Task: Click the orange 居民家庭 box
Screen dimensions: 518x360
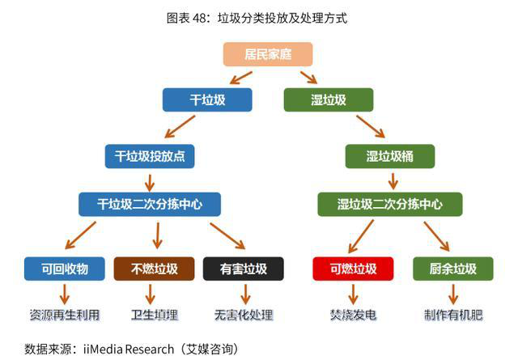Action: click(x=268, y=54)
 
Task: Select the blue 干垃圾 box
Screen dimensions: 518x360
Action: click(x=207, y=100)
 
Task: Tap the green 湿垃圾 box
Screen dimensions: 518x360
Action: click(x=329, y=100)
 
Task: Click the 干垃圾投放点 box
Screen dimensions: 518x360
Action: click(x=150, y=156)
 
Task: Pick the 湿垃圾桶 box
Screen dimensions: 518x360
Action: click(x=390, y=156)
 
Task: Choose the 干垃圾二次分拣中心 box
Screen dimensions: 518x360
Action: click(x=150, y=204)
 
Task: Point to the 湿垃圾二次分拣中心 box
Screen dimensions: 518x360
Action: click(x=390, y=204)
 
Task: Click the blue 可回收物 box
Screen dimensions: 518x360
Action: click(x=65, y=269)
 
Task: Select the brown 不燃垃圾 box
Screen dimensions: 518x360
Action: click(x=155, y=269)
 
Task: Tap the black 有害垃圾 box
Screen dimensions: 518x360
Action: click(x=244, y=269)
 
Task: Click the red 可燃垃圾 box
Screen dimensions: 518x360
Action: click(x=353, y=269)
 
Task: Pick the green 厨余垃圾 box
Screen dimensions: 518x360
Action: click(x=453, y=269)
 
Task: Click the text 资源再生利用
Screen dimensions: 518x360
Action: click(x=65, y=315)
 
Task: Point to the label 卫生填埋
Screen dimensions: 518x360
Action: click(x=155, y=315)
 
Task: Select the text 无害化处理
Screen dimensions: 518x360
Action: click(x=244, y=315)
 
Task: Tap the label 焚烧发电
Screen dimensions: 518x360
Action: click(x=353, y=315)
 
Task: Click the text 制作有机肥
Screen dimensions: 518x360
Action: click(x=453, y=315)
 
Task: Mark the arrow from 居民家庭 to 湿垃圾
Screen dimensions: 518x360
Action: click(x=309, y=78)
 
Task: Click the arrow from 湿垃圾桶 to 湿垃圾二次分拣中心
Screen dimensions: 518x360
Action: click(x=393, y=181)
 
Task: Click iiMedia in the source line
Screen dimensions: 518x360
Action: click(x=104, y=349)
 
